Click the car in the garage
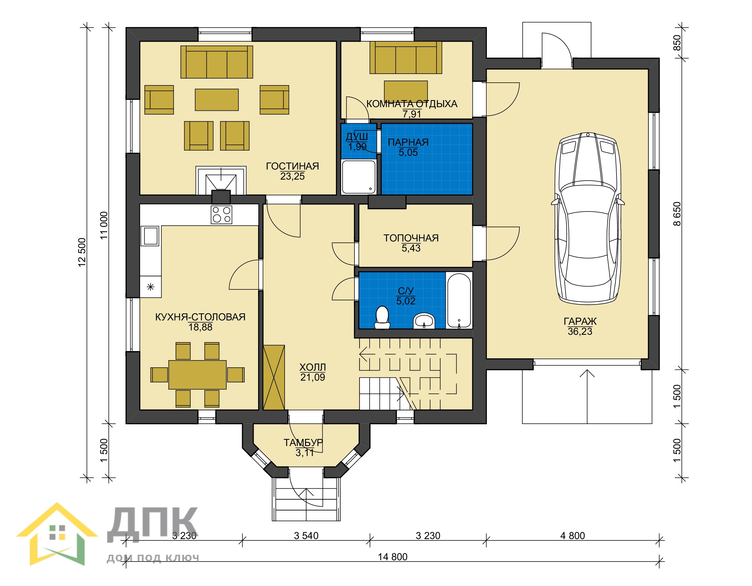588,219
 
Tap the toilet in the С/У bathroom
382,317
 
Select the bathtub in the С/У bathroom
459,300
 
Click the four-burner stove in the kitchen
221,215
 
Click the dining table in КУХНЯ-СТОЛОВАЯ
197,375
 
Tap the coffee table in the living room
217,100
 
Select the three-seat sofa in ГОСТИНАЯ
217,62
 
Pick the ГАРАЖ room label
580,321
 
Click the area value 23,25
292,176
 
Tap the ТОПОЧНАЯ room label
411,238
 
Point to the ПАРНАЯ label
408,142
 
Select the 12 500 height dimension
82,252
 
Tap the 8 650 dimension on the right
677,214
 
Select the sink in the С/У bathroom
424,321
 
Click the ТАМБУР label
303,442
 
